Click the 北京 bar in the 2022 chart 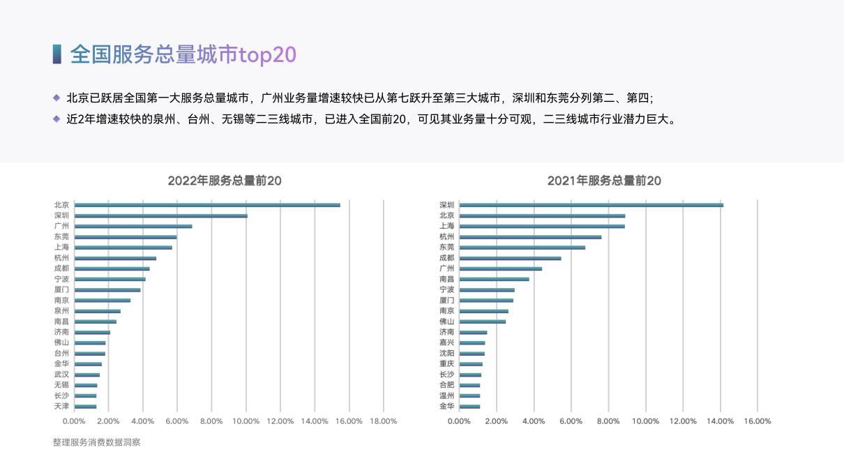point(207,205)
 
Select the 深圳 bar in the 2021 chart point(591,205)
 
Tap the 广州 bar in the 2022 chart point(133,226)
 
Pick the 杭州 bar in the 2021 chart point(530,236)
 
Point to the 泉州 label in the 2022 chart point(61,311)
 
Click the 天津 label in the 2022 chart point(61,406)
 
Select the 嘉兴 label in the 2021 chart point(446,342)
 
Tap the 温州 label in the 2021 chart point(446,395)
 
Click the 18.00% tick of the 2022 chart point(383,421)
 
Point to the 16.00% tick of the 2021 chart point(758,421)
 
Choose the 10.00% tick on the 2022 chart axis point(246,421)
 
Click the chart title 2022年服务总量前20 point(225,181)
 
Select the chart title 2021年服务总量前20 point(604,181)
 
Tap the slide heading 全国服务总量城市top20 point(183,54)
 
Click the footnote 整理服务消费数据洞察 point(96,442)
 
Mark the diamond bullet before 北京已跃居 point(56,98)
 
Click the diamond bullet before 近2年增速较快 point(56,119)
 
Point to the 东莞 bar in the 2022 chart point(126,236)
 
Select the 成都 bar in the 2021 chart point(510,258)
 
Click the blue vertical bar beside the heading point(56,54)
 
